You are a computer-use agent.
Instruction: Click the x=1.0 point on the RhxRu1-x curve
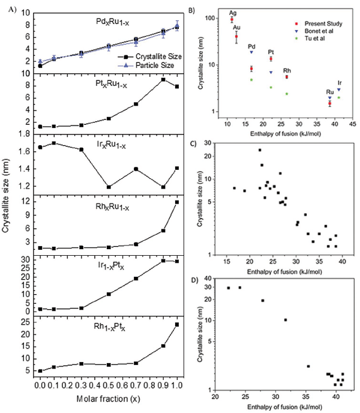177,202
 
